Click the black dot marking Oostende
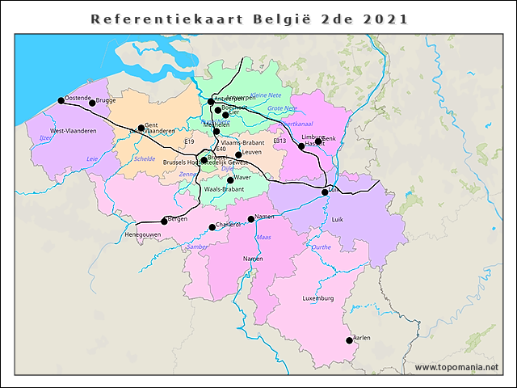61,101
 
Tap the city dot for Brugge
92,103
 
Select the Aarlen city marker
349,340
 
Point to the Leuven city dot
238,154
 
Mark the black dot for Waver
230,180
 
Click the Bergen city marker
164,221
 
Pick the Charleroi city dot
212,227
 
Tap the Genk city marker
318,141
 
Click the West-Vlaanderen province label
74,131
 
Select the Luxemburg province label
318,299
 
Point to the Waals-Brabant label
224,189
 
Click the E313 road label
280,141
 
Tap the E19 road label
190,142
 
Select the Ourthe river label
321,247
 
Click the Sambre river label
196,247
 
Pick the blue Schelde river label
145,159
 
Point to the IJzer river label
44,138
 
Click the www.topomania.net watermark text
456,368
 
